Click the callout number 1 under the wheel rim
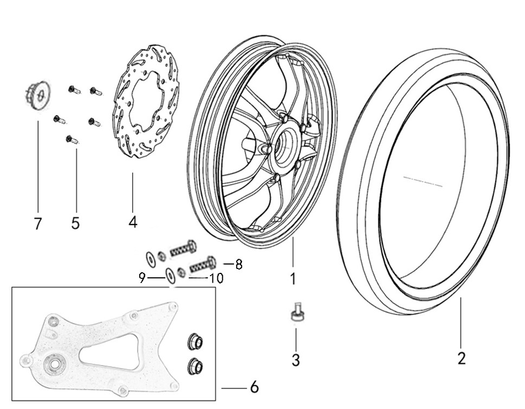click(x=293, y=279)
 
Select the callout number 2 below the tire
click(x=461, y=359)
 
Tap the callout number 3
click(x=295, y=360)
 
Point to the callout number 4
click(x=133, y=221)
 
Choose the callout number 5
click(x=75, y=222)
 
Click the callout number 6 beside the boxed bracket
click(x=254, y=387)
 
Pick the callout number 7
click(x=37, y=223)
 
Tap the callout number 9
click(x=142, y=278)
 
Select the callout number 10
click(x=216, y=278)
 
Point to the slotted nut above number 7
click(x=37, y=96)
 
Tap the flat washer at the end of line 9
click(x=170, y=276)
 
